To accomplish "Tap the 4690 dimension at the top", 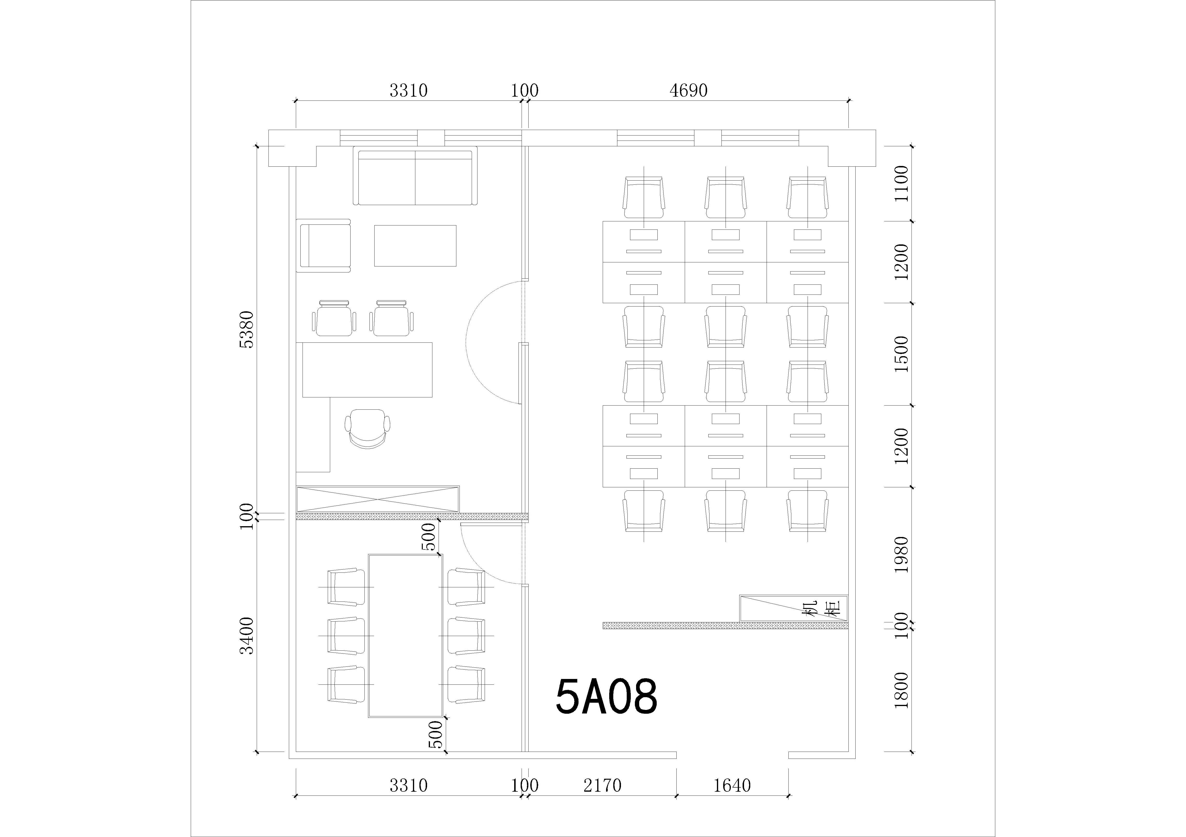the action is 689,91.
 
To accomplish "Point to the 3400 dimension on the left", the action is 247,636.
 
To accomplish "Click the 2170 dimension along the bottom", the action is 602,785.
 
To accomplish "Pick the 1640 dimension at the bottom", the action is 732,785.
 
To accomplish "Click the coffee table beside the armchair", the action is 415,246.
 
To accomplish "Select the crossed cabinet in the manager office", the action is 378,499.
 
